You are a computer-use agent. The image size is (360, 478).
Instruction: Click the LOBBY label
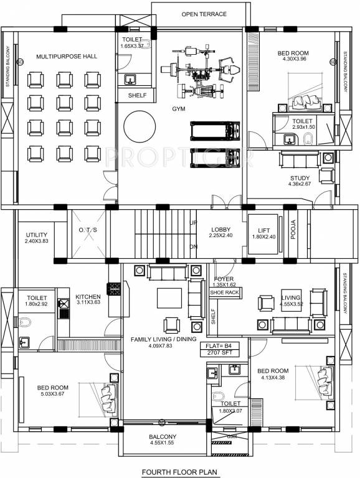coord(220,229)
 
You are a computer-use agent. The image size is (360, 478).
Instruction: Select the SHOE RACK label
coord(225,292)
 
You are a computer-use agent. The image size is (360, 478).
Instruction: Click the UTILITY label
coord(36,235)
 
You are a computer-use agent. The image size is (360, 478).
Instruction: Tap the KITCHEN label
coord(88,297)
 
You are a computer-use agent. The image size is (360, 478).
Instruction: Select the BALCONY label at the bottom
coord(163,437)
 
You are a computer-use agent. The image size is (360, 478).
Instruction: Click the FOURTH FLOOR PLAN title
coord(181,472)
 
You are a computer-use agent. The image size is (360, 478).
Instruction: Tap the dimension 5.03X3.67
coord(52,394)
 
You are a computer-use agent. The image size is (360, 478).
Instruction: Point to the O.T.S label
coord(88,230)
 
